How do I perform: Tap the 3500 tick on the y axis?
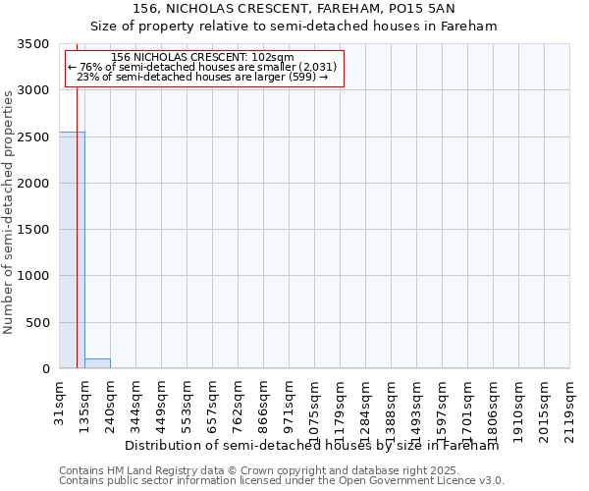tap(32, 44)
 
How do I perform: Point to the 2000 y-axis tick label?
tap(32, 184)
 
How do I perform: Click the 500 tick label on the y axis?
tap(36, 323)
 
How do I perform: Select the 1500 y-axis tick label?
tap(32, 230)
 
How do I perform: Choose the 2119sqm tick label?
tap(570, 403)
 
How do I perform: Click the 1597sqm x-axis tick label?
tap(443, 403)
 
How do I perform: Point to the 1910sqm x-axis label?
tap(519, 403)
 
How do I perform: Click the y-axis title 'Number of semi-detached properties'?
tap(10, 212)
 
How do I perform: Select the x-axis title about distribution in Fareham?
tap(312, 445)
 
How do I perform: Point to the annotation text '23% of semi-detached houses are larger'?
tap(201, 77)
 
